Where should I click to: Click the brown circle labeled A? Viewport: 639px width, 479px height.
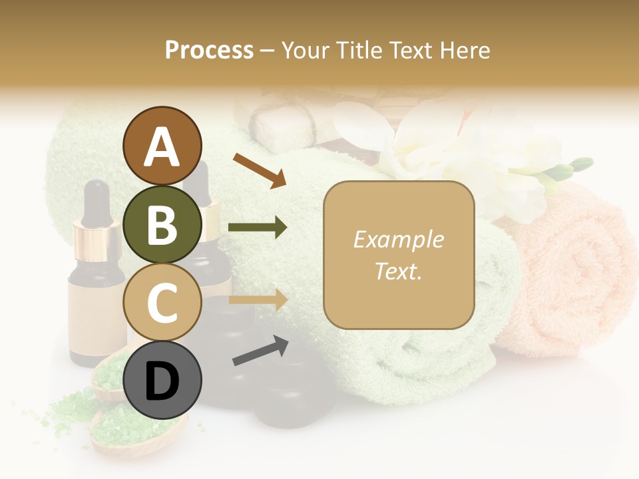162,146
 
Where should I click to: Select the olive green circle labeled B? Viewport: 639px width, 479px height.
162,224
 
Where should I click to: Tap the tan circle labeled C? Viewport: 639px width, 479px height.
162,302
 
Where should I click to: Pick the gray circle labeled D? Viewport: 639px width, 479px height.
162,380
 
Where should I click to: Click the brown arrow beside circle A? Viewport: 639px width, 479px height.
260,170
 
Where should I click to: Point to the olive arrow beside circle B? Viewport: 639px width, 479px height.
258,228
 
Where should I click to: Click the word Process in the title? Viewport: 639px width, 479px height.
209,50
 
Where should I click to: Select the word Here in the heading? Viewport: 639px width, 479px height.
464,50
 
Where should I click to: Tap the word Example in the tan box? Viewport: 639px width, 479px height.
398,239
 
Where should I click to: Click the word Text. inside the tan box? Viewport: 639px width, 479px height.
398,271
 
